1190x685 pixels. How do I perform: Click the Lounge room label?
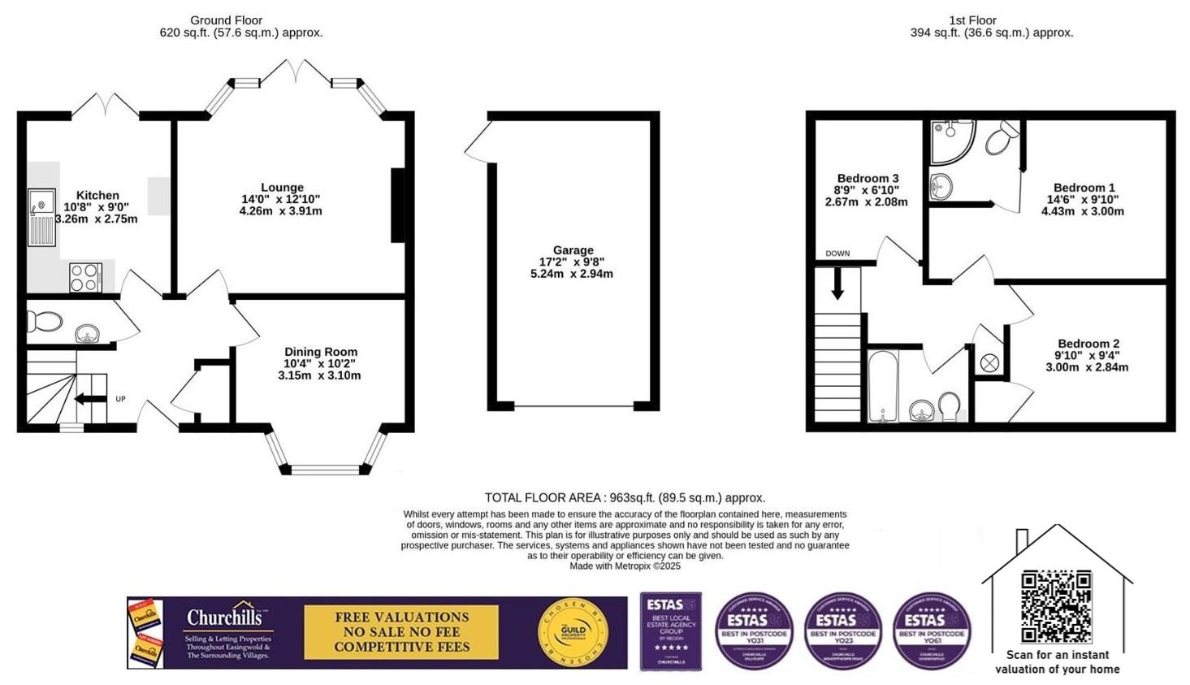pyautogui.click(x=282, y=188)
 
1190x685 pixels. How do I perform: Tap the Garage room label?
pyautogui.click(x=573, y=250)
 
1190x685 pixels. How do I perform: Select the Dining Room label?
pyautogui.click(x=320, y=352)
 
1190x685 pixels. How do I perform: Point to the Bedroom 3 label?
pyautogui.click(x=868, y=179)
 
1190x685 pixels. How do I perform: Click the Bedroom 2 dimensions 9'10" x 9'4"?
pyautogui.click(x=1087, y=355)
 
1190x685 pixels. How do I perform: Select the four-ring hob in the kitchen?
pyautogui.click(x=84, y=276)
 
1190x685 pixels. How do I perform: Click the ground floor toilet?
pyautogui.click(x=45, y=322)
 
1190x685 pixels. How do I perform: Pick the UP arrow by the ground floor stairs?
pyautogui.click(x=91, y=399)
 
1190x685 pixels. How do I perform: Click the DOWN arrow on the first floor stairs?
pyautogui.click(x=837, y=284)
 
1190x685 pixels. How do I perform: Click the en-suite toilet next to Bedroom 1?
pyautogui.click(x=1002, y=140)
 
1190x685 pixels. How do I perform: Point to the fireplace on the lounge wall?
pyautogui.click(x=398, y=205)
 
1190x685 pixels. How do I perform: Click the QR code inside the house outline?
pyautogui.click(x=1056, y=606)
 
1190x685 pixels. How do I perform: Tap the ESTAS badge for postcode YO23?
pyautogui.click(x=842, y=631)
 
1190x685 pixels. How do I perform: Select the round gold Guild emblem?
pyautogui.click(x=573, y=632)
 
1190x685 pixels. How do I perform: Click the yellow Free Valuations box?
pyautogui.click(x=401, y=632)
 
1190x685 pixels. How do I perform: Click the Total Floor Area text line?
pyautogui.click(x=625, y=497)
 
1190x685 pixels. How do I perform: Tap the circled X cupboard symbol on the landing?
pyautogui.click(x=989, y=363)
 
